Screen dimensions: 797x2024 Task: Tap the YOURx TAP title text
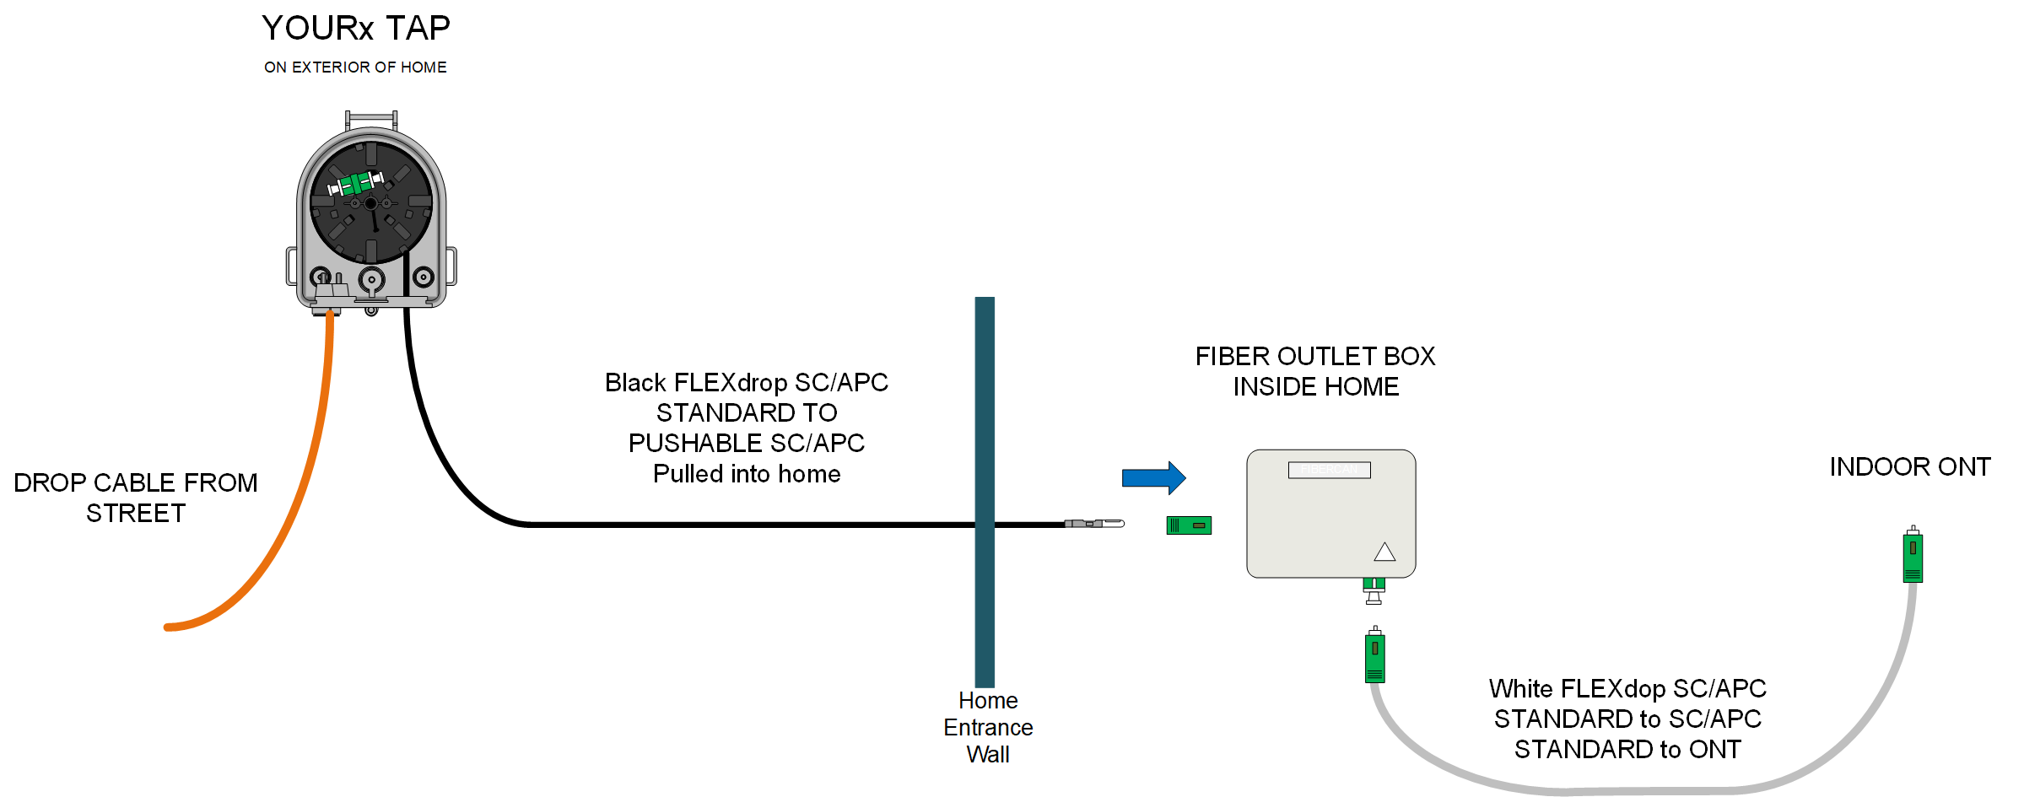[355, 29]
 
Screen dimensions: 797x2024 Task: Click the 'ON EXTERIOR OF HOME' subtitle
[355, 67]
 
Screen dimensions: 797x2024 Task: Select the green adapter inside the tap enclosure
[356, 183]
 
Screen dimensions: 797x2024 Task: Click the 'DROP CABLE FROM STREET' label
[135, 498]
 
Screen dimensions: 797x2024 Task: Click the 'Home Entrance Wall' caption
[988, 727]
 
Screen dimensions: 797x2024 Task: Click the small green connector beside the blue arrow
[1189, 525]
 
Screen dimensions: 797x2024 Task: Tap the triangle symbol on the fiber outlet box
[1384, 552]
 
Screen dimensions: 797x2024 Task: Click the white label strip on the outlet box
[1329, 470]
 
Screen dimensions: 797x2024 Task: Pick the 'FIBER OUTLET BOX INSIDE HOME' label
[1314, 371]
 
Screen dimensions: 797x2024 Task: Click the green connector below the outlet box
[1375, 655]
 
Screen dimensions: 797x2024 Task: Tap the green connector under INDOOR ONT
[1913, 556]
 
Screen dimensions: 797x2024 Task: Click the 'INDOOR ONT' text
[1909, 467]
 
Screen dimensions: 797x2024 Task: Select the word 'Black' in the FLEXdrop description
[635, 383]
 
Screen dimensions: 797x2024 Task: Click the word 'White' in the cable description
[1520, 689]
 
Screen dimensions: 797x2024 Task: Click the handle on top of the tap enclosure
[371, 117]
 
